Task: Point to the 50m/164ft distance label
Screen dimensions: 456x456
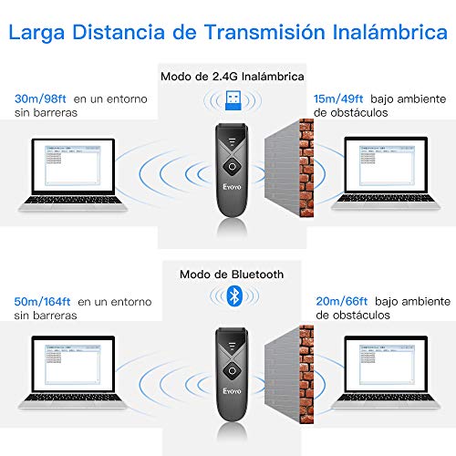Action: (44, 300)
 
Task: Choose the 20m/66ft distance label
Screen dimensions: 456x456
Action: (339, 300)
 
